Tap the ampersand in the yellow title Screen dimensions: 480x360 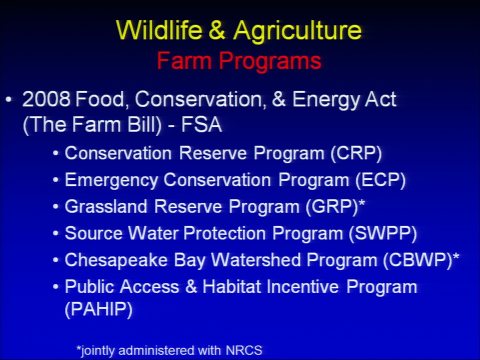coord(217,30)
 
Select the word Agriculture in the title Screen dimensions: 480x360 coord(297,31)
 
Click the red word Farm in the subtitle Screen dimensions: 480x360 coord(184,60)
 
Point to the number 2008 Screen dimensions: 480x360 coord(46,99)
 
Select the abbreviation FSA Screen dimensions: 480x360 coord(201,124)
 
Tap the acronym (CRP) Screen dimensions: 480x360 coord(356,153)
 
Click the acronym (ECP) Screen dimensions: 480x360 coord(380,179)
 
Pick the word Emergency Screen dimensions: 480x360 coord(111,180)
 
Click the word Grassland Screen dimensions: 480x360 coord(106,206)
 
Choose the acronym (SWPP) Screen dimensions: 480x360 coord(383,233)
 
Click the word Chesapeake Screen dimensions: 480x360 coord(116,260)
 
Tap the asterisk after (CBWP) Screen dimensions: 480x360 coord(456,256)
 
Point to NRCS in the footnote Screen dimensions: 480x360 coord(244,350)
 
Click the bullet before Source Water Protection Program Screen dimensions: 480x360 coord(55,233)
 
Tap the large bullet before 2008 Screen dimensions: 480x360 coord(9,99)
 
